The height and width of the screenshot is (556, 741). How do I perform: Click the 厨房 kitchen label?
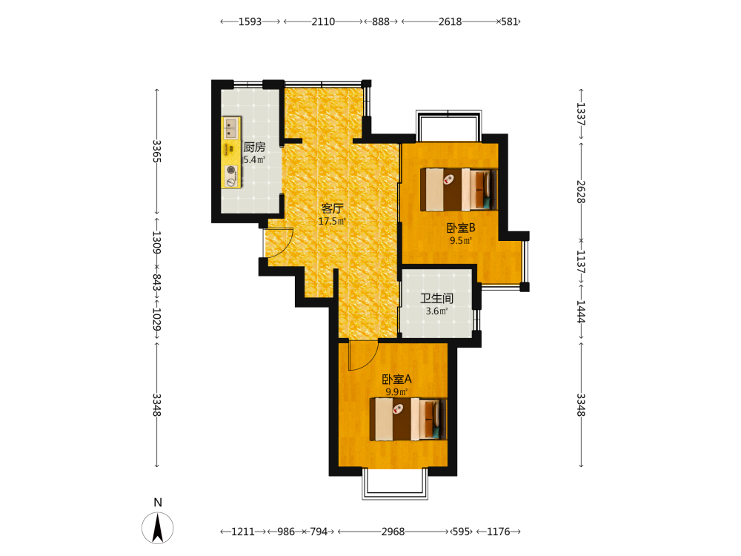click(x=254, y=147)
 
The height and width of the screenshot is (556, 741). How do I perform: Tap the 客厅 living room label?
click(x=332, y=208)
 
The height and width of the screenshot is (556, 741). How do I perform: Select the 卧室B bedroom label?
click(x=461, y=228)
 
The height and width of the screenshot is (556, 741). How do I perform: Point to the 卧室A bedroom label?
click(x=396, y=379)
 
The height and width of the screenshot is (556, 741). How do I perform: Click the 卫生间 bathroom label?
click(x=436, y=298)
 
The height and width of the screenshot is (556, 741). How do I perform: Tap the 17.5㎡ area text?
click(x=332, y=221)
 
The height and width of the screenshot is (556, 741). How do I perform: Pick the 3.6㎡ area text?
click(x=436, y=311)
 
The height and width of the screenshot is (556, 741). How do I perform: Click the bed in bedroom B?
click(x=459, y=189)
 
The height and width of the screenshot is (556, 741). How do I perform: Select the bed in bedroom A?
click(x=408, y=420)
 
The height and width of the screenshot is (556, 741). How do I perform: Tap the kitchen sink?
click(x=231, y=128)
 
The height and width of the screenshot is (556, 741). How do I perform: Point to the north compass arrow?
click(x=157, y=528)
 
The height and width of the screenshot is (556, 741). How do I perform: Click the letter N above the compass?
click(x=158, y=503)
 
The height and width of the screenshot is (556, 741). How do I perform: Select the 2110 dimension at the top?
click(x=323, y=21)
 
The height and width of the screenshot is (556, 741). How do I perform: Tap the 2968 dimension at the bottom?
click(x=393, y=532)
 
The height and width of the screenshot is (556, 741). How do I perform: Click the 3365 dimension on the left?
click(x=157, y=151)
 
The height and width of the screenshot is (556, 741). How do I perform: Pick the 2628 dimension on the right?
click(x=581, y=192)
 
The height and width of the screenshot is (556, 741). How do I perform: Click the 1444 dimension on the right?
click(x=581, y=311)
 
